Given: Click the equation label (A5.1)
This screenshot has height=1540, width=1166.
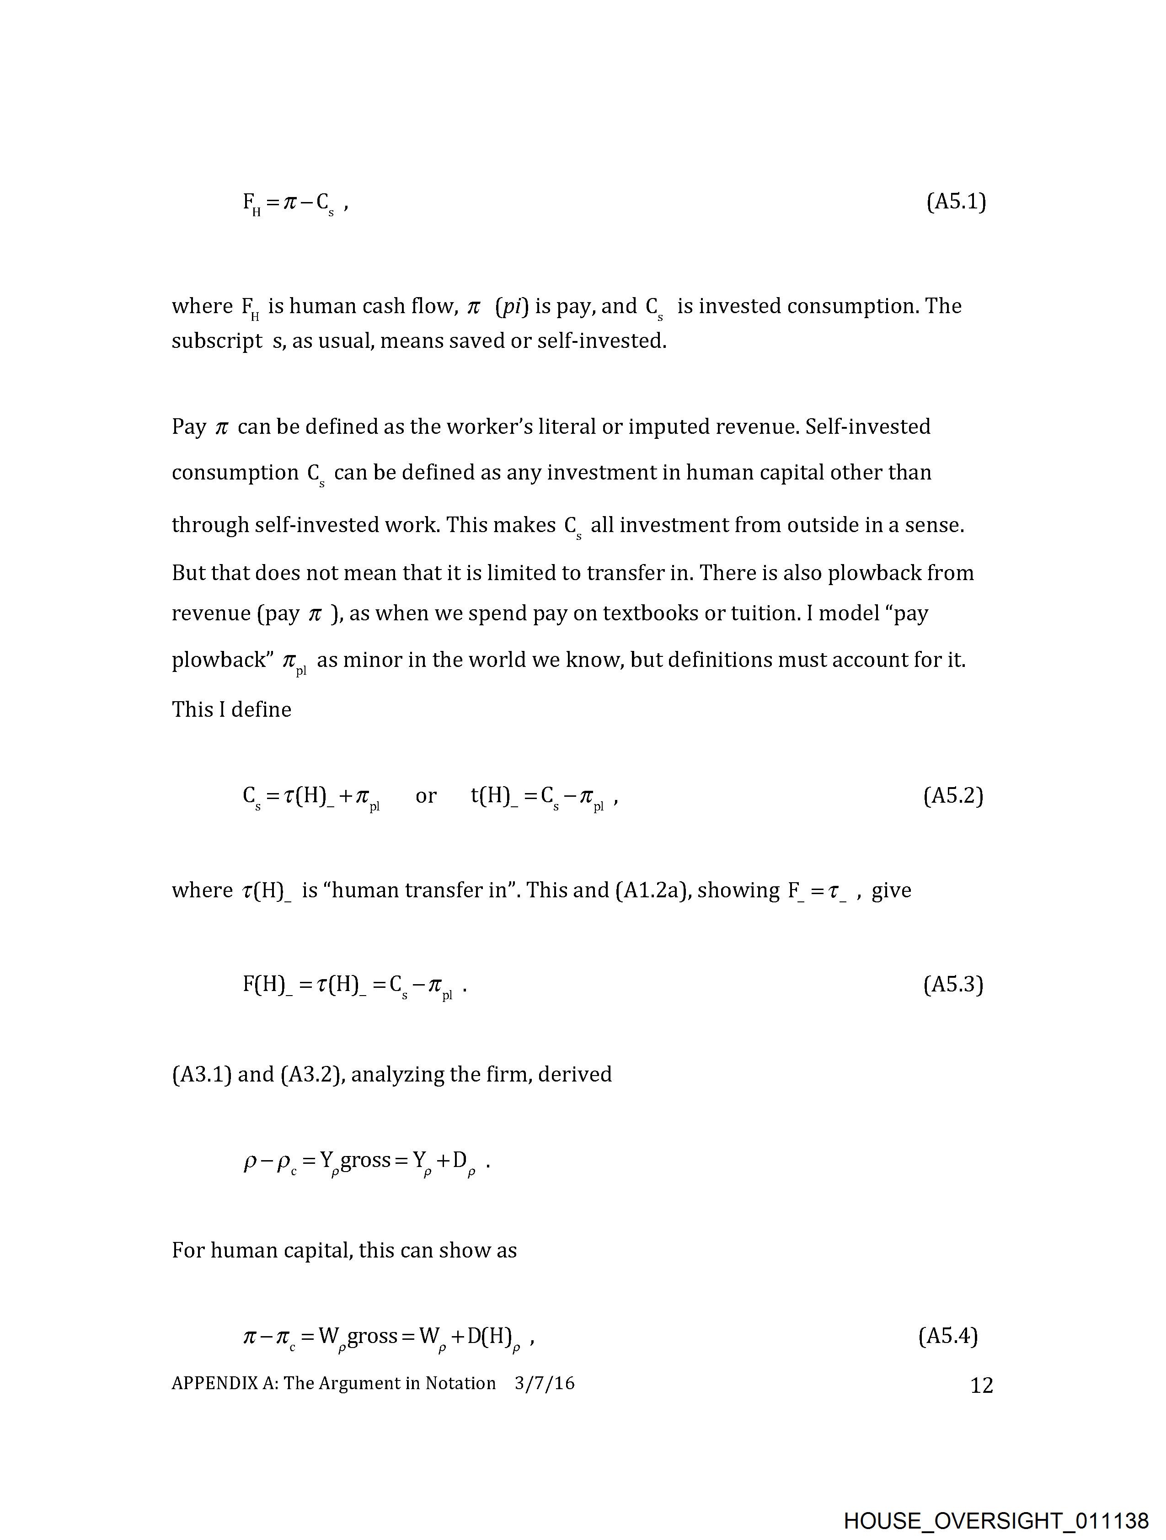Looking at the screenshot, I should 956,202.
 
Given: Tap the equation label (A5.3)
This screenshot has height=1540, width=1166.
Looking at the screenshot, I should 953,985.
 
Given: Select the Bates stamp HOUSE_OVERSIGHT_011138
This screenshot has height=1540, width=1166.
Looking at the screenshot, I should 996,1520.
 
